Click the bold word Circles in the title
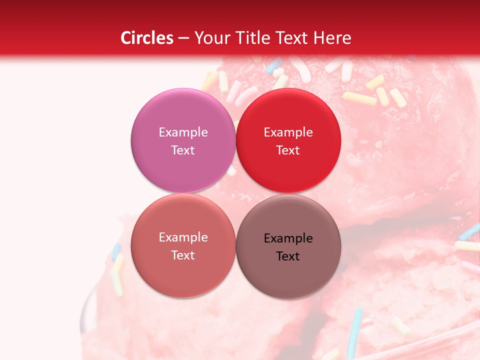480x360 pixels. coord(147,38)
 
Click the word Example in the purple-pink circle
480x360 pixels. coord(183,132)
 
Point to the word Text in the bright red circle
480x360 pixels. coord(288,150)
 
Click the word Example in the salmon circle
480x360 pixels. coord(183,237)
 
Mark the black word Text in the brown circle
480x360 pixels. coord(288,256)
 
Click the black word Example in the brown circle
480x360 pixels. coord(288,238)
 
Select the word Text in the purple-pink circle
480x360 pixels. coord(183,150)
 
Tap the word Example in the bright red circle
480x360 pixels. coord(288,132)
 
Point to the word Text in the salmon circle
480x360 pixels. coord(183,255)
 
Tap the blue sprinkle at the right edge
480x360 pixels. coord(470,231)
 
